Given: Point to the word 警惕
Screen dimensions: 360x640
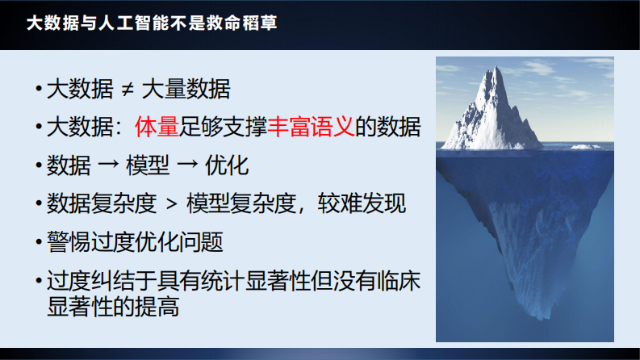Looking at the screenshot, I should click(x=68, y=241).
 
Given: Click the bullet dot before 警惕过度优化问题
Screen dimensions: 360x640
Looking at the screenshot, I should click(x=38, y=242).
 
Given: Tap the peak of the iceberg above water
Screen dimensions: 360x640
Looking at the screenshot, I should click(x=494, y=70).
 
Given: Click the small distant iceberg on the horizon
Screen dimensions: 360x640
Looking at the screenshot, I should click(x=580, y=145).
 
